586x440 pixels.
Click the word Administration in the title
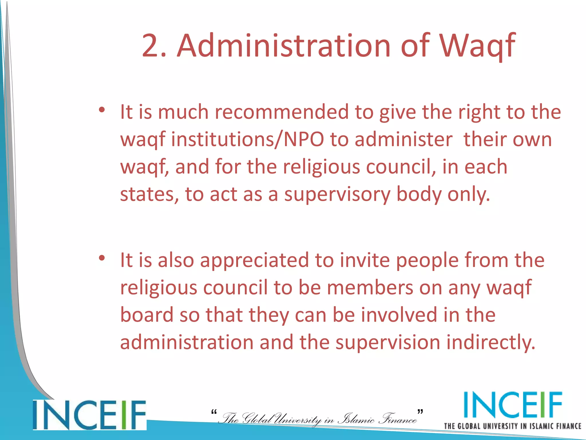coord(284,46)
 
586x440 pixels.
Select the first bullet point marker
coord(102,110)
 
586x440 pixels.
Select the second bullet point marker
coord(102,258)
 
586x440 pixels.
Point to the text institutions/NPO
coord(248,140)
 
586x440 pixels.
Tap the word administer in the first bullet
coord(403,140)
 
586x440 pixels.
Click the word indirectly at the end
coord(490,343)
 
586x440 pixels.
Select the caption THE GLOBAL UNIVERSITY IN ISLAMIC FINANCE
coord(512,426)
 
